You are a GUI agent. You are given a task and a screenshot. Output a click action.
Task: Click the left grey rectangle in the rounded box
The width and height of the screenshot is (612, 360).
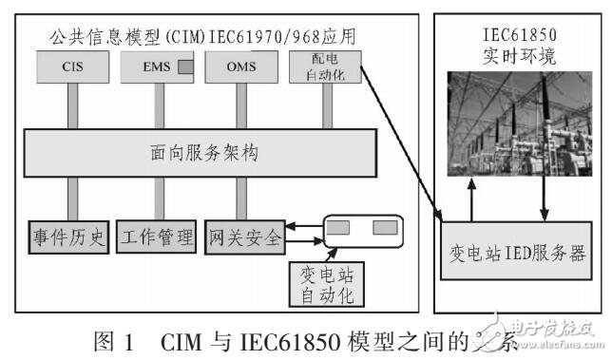point(341,229)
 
